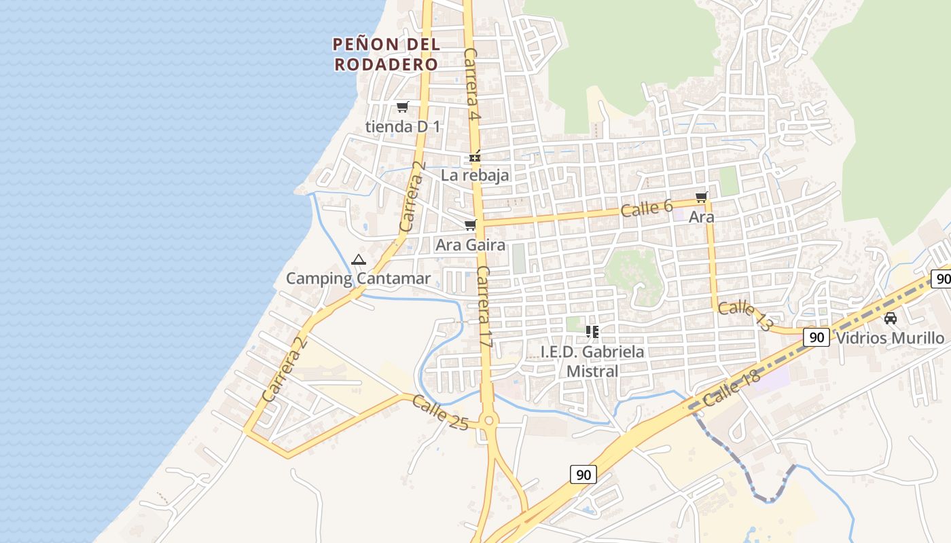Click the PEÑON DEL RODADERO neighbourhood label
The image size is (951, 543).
[387, 54]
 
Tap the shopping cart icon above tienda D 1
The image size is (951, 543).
[403, 107]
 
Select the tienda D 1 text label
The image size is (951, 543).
[403, 126]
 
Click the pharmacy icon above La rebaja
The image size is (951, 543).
[475, 157]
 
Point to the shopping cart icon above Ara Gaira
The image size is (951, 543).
[470, 225]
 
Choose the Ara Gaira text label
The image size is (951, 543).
[470, 244]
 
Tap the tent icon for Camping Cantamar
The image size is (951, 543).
[359, 259]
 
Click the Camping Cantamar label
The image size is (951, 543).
[358, 278]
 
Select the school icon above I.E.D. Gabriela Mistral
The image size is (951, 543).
[592, 332]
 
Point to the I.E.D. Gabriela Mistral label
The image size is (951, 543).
[592, 361]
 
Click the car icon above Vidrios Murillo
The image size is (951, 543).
[890, 318]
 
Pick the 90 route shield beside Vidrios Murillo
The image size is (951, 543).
[817, 337]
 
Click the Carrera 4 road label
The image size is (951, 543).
[472, 86]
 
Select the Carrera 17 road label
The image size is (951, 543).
[484, 307]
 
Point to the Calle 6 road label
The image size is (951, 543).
[647, 208]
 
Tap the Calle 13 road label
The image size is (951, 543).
[746, 316]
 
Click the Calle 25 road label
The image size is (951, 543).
[440, 413]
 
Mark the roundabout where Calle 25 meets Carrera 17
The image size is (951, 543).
[488, 421]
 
